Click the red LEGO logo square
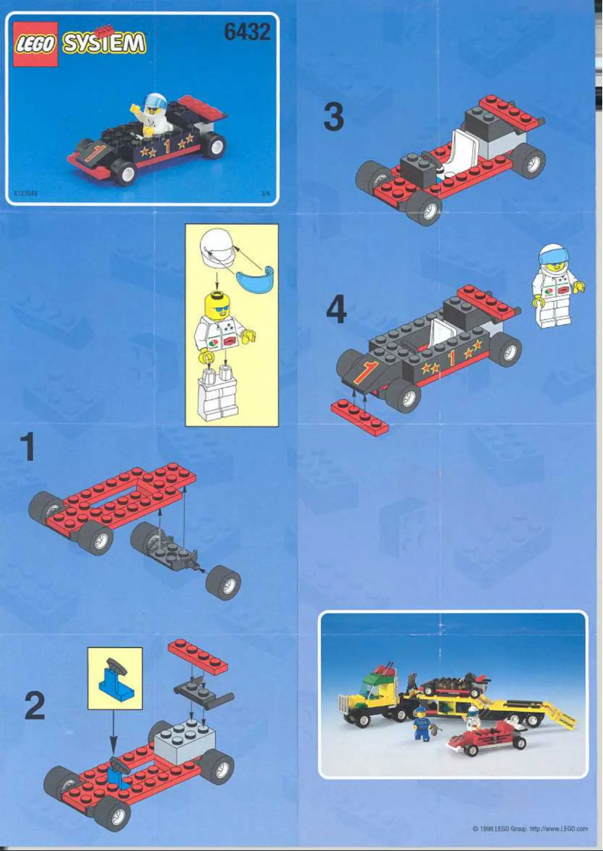tap(35, 44)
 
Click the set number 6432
tap(247, 32)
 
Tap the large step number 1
tap(28, 448)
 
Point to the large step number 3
tap(334, 118)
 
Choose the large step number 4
tap(336, 309)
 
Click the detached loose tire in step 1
tap(223, 584)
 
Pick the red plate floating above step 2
tap(198, 656)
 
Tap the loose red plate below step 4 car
tap(360, 418)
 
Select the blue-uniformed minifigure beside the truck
tap(422, 725)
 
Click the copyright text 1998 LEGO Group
tap(497, 828)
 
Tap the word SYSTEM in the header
tap(104, 43)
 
